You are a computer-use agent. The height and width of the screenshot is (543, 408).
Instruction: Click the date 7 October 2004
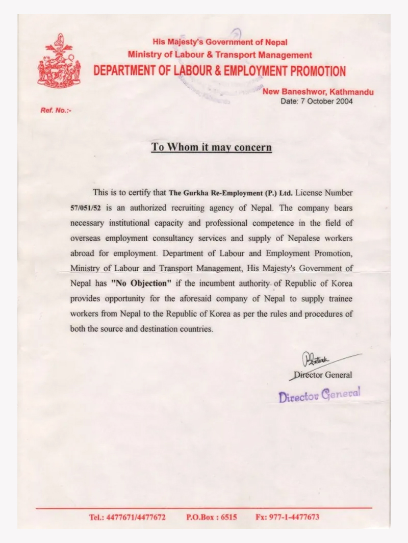pyautogui.click(x=317, y=101)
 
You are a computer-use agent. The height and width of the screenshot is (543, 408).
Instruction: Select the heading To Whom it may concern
pyautogui.click(x=211, y=147)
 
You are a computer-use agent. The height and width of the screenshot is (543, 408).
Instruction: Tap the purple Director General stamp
pyautogui.click(x=320, y=395)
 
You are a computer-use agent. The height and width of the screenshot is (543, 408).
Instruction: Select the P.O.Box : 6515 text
pyautogui.click(x=212, y=517)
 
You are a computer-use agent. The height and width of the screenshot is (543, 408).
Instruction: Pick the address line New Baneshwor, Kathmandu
pyautogui.click(x=318, y=92)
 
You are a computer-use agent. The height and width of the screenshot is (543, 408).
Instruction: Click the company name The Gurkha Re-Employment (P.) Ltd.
pyautogui.click(x=231, y=193)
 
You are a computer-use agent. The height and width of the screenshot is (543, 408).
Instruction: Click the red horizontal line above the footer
pyautogui.click(x=204, y=508)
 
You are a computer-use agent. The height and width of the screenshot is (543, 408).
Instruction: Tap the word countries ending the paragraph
pyautogui.click(x=195, y=329)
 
